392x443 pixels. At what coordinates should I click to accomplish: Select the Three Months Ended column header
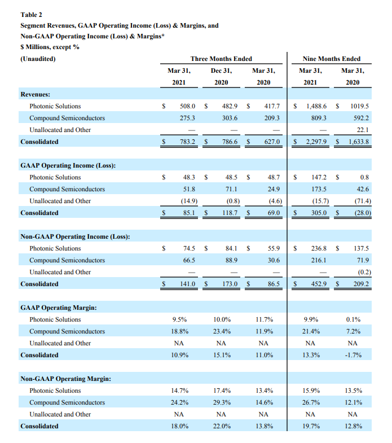(x=221, y=59)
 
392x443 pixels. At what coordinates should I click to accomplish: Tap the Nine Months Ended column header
(x=332, y=59)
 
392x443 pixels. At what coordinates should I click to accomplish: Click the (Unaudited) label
(x=38, y=59)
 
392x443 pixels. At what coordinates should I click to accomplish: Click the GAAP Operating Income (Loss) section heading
(x=68, y=165)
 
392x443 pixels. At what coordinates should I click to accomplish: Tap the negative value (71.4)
(x=359, y=201)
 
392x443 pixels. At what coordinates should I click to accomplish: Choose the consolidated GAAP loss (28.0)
(x=359, y=213)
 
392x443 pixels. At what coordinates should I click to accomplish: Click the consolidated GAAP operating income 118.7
(x=228, y=213)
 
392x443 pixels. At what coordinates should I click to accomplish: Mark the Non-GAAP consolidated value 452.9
(x=319, y=284)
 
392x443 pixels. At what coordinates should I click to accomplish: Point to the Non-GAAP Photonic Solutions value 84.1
(x=230, y=248)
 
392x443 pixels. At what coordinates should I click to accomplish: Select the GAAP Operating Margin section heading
(x=58, y=308)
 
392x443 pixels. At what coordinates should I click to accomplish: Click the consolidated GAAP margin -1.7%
(x=352, y=355)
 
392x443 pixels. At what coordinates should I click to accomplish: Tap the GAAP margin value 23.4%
(x=221, y=331)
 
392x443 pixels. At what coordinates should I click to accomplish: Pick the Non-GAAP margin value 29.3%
(x=221, y=402)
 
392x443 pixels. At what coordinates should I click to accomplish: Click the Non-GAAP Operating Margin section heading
(x=65, y=379)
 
